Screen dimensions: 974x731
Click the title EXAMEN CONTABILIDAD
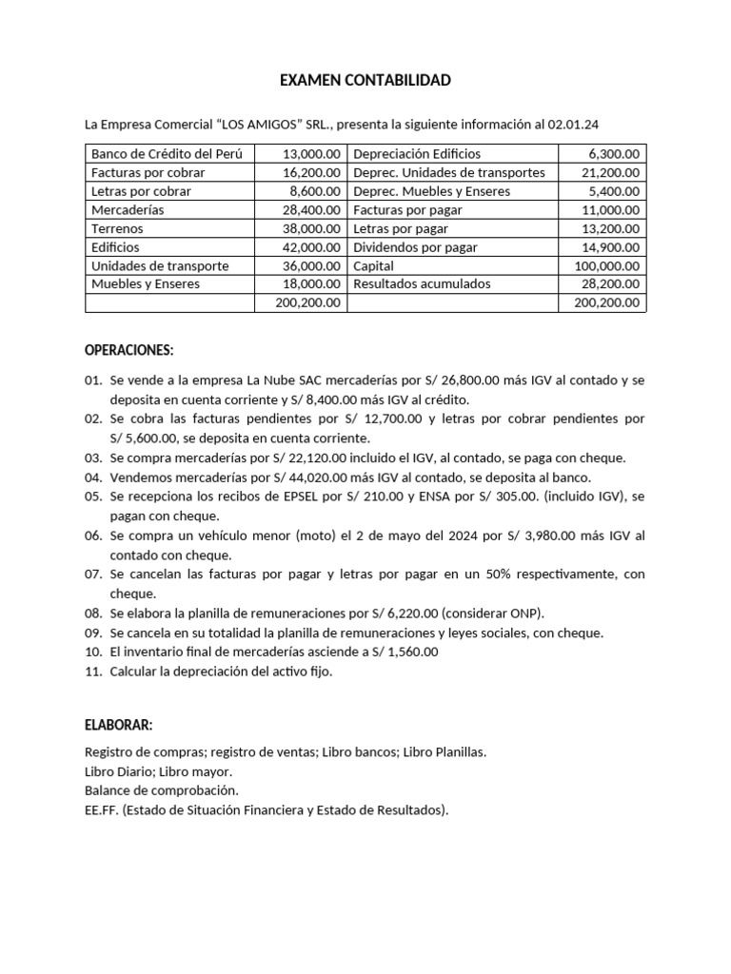tap(365, 81)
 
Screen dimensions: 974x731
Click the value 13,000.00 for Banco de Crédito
tap(311, 153)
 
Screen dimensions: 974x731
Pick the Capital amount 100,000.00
tap(607, 266)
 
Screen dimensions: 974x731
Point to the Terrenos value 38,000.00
tap(311, 229)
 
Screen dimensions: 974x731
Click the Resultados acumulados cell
tap(422, 284)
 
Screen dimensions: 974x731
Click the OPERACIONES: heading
tap(129, 351)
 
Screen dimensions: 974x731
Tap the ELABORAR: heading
tap(118, 725)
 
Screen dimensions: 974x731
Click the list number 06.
tap(93, 536)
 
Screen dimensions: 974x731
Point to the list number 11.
tap(93, 672)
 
